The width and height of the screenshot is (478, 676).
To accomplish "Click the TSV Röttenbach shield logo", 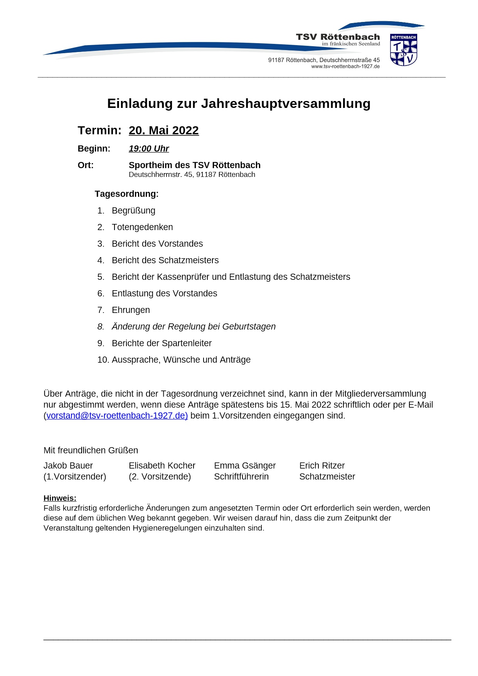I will point(404,50).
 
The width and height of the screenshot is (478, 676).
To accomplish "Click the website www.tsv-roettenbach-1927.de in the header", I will point(345,66).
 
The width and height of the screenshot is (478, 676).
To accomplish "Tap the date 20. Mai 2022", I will point(164,130).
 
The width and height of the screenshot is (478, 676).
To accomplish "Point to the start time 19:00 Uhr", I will point(149,149).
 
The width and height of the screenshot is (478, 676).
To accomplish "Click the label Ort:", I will point(86,165).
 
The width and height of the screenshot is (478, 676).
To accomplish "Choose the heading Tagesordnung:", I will point(126,194).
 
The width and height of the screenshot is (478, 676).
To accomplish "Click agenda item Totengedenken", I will point(142,227).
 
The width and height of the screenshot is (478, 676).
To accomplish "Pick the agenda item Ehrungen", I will point(131,310).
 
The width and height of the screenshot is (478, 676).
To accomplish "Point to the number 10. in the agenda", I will point(103,360).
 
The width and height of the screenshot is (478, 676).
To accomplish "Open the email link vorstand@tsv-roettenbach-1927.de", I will point(117,416).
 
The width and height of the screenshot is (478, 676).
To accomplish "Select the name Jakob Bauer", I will point(68,466).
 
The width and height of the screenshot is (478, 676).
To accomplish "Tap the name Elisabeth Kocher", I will point(162,466).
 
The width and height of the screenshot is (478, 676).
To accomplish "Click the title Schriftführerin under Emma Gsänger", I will point(241,477).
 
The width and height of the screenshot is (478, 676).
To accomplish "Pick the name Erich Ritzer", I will point(322,466).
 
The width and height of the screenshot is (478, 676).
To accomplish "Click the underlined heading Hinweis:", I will point(60,498).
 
